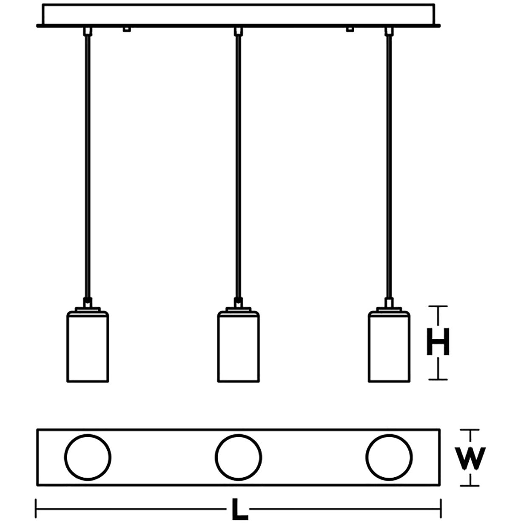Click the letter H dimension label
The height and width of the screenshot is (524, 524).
(438, 342)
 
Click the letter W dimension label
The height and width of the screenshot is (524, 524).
(470, 458)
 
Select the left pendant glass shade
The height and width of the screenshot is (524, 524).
(88, 347)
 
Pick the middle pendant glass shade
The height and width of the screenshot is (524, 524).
(238, 347)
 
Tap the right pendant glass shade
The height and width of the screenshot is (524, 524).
(389, 347)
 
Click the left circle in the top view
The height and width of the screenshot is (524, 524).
(88, 457)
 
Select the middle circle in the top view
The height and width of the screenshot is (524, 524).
(238, 457)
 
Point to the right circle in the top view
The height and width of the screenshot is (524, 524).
(389, 457)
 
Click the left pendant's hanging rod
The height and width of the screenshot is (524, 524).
(87, 166)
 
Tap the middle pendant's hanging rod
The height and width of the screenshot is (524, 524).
(238, 166)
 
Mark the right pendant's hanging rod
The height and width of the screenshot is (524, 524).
(388, 166)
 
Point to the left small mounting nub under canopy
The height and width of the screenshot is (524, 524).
(126, 29)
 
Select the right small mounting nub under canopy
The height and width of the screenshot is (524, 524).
(350, 29)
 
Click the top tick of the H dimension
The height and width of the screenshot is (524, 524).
(438, 306)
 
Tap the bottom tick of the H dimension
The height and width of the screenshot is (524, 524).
(438, 379)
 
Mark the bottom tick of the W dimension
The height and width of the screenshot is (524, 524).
(470, 485)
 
